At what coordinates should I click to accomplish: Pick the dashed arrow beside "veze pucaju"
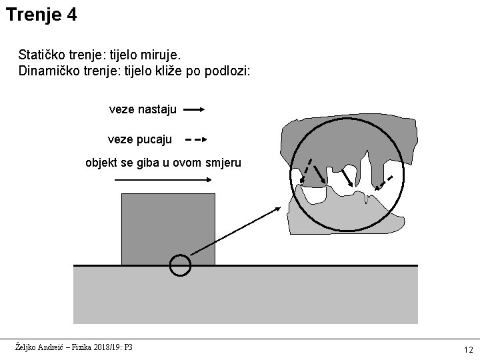click(195, 140)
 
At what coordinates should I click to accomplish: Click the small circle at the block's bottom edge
click(180, 265)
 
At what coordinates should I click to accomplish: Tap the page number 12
click(468, 349)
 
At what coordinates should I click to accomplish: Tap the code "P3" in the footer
click(129, 347)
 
